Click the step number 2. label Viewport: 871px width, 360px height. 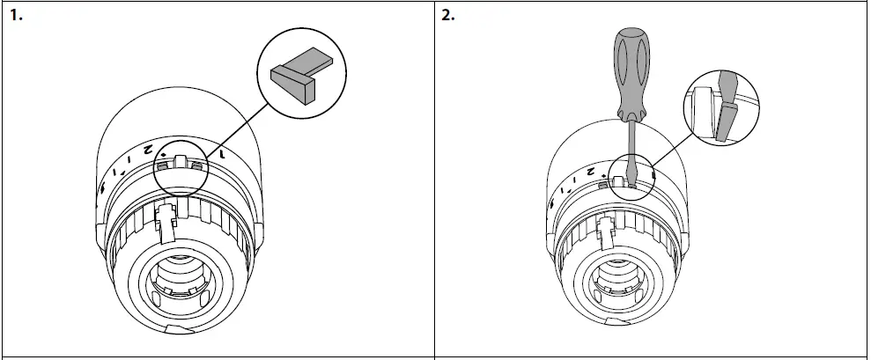448,16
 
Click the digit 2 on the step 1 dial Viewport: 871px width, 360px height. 149,151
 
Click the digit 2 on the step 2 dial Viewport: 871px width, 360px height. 591,169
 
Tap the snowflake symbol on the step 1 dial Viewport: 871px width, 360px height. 104,188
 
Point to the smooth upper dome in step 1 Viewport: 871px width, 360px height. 176,110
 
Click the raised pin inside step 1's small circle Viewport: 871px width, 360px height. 179,163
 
